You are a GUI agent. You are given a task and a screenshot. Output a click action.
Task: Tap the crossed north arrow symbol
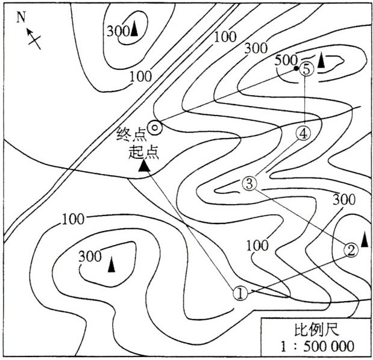34,40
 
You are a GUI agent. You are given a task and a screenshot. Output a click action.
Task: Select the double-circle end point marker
155,127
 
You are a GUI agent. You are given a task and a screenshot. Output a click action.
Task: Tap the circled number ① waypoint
240,293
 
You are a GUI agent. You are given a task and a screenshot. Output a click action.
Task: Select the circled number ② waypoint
352,249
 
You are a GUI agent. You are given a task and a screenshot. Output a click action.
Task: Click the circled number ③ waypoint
249,183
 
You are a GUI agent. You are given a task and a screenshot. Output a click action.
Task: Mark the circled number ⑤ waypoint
307,69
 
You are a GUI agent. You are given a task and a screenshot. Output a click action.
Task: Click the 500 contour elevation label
286,60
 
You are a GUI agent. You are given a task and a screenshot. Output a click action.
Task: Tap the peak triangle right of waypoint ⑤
322,60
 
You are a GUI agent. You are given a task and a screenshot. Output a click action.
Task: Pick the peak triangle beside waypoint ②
365,239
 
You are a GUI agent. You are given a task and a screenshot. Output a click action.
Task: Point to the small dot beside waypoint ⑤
296,69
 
